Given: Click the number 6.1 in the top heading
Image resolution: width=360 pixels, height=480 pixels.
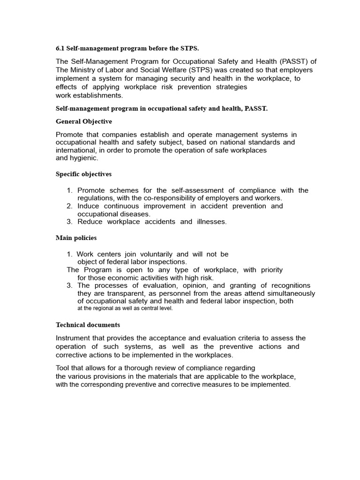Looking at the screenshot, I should [60, 48].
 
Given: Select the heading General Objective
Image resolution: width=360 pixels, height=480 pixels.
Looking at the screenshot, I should [84, 121].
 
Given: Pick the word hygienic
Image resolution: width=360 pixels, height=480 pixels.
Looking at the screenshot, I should [84, 158].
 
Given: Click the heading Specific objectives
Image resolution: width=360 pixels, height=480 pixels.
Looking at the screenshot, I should [83, 174].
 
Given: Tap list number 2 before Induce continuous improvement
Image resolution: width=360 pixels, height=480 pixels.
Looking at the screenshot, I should [69, 206].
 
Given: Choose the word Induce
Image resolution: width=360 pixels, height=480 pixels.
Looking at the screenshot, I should [88, 206].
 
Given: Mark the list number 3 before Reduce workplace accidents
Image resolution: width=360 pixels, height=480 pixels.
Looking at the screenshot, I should [69, 222].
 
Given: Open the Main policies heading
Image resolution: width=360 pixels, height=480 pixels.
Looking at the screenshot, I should [76, 238].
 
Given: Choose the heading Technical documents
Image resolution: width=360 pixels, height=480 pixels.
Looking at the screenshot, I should [88, 325].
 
